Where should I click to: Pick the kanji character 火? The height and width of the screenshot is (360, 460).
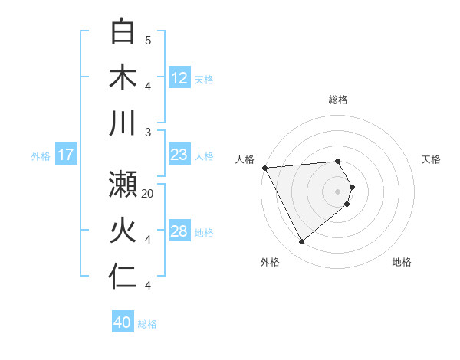click(x=123, y=231)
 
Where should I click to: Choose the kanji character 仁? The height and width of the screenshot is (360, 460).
click(x=123, y=278)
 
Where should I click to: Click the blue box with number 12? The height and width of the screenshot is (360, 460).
click(x=179, y=78)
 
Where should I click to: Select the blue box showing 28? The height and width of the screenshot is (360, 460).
click(x=179, y=231)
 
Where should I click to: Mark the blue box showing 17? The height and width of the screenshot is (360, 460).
click(x=66, y=155)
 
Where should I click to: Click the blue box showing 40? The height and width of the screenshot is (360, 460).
click(x=123, y=322)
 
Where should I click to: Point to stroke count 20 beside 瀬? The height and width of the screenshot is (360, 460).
click(x=148, y=194)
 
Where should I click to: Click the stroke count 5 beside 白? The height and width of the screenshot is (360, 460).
click(x=148, y=40)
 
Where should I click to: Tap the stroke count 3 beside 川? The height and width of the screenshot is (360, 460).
click(x=148, y=133)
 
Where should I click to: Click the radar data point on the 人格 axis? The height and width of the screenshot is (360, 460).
click(x=264, y=167)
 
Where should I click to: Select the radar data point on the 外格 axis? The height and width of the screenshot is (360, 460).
click(x=301, y=242)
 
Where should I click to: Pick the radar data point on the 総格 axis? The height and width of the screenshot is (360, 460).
click(x=338, y=161)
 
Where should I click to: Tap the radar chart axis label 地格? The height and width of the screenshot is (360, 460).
click(x=402, y=262)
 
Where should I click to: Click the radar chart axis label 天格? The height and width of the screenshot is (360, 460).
click(x=432, y=159)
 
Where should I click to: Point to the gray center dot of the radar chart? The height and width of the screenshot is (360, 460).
click(x=338, y=191)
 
